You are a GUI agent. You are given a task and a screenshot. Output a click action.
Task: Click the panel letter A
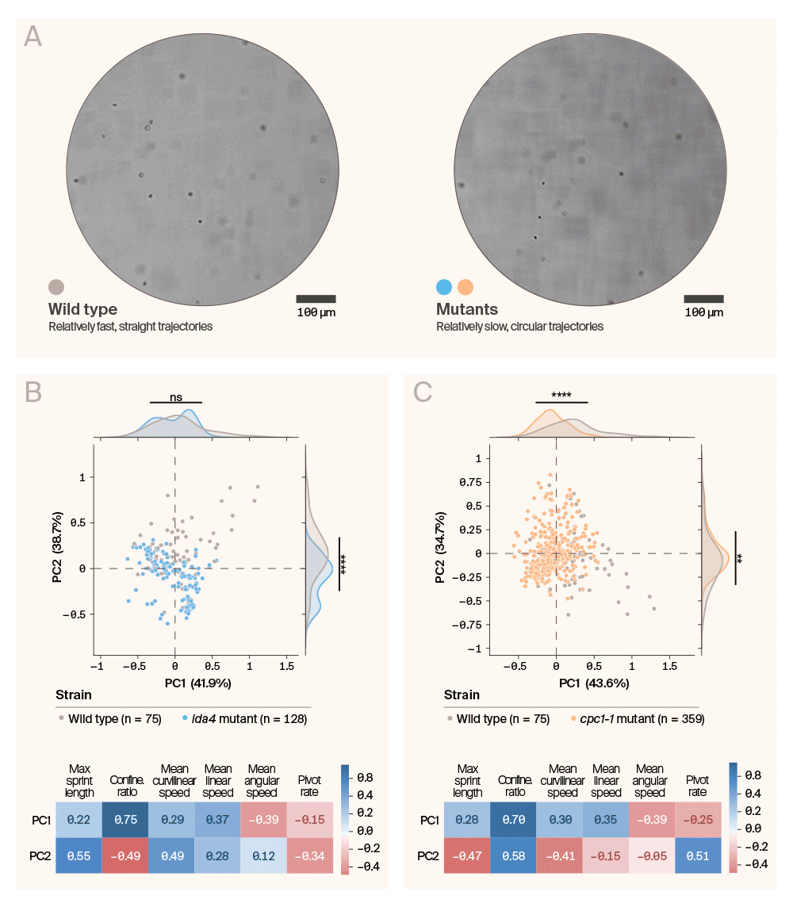click(x=33, y=36)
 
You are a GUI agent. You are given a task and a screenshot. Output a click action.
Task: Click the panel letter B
click(x=34, y=392)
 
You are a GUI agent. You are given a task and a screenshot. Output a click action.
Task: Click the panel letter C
click(x=423, y=391)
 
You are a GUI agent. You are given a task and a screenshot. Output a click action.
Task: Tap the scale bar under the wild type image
click(x=316, y=299)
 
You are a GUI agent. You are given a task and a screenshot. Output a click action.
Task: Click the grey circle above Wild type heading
click(x=56, y=287)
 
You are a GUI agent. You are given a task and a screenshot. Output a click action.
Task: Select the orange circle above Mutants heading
click(x=465, y=287)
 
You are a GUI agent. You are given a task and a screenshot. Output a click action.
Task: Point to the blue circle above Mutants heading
click(x=445, y=287)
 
